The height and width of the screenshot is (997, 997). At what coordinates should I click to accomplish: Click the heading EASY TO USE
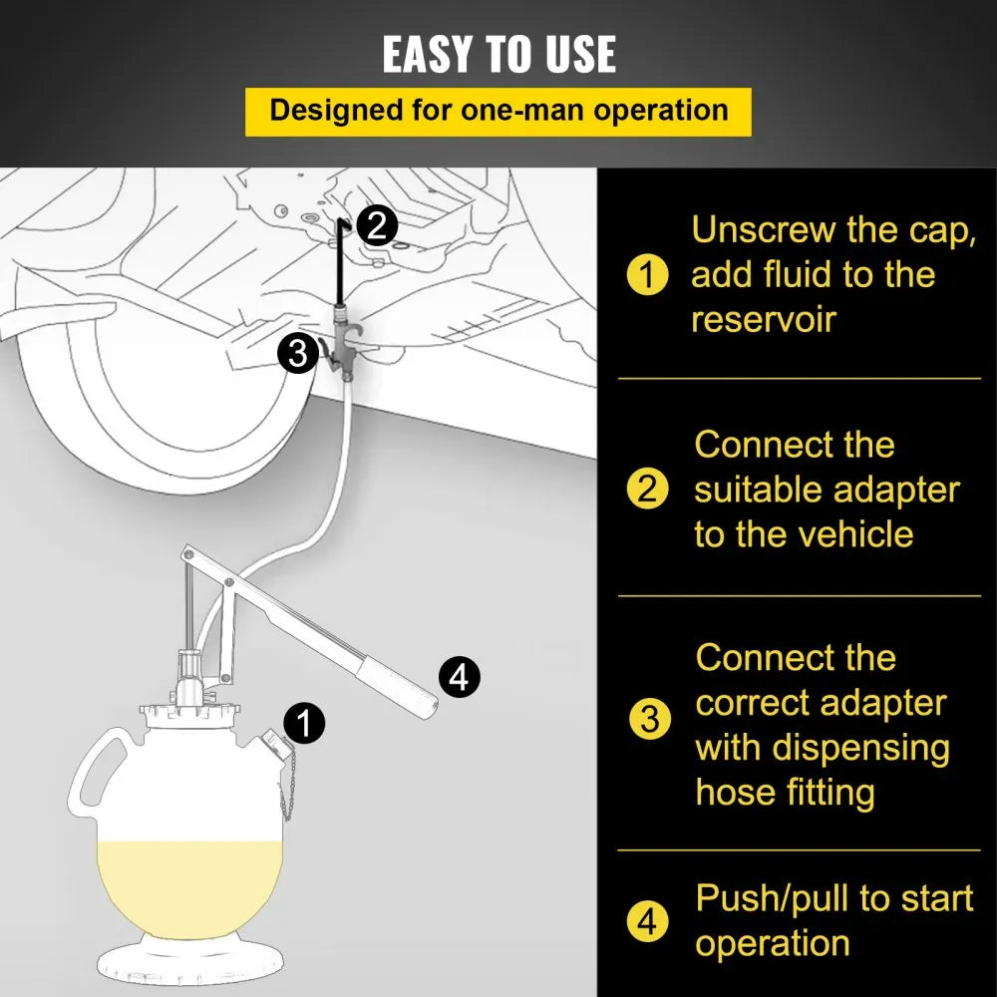click(x=498, y=54)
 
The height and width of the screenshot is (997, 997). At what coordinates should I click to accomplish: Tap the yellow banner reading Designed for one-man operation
click(x=498, y=110)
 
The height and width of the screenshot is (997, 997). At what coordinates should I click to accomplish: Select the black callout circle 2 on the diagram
click(x=375, y=226)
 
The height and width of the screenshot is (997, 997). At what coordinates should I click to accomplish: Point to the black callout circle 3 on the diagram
click(x=297, y=353)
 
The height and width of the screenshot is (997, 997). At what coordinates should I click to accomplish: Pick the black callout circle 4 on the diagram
click(x=459, y=678)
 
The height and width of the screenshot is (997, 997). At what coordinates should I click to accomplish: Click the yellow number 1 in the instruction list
click(x=648, y=275)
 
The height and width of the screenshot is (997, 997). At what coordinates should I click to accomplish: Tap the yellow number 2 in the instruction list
click(x=648, y=490)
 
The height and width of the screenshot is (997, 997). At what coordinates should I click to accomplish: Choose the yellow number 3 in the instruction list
click(x=649, y=719)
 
